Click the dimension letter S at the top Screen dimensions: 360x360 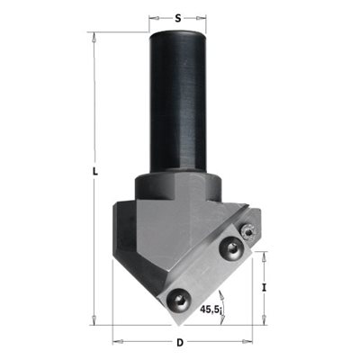[178, 19]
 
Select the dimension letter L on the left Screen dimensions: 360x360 [95, 172]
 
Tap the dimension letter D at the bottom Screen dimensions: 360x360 [180, 343]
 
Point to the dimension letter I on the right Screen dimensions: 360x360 [264, 288]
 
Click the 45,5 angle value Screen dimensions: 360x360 [211, 309]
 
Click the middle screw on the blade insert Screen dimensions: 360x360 [231, 247]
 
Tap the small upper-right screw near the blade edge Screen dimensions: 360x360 [249, 232]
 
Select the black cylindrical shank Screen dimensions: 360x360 [178, 102]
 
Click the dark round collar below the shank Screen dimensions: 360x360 [178, 187]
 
